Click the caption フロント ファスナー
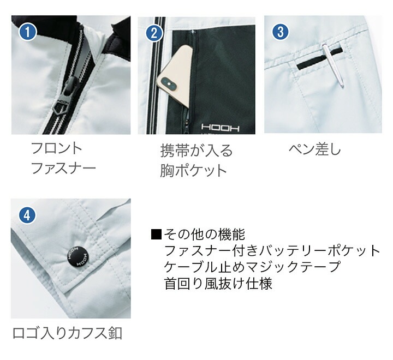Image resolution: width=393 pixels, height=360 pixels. [x=63, y=157]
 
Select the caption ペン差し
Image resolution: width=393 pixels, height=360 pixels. [x=314, y=149]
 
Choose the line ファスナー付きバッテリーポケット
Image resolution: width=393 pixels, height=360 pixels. [x=271, y=251]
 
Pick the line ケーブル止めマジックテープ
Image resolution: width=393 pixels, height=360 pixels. [x=252, y=267]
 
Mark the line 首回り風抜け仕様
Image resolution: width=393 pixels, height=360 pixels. [x=218, y=284]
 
